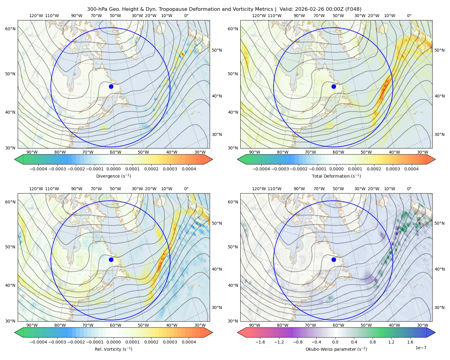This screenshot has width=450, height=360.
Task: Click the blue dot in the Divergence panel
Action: tap(111, 86)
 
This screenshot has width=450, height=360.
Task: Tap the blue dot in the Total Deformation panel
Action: tap(334, 86)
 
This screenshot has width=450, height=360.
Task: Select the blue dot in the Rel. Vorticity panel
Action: tap(111, 259)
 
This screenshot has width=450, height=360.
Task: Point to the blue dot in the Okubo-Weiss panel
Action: tap(334, 259)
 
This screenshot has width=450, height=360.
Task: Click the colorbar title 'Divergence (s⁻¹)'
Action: tap(113, 176)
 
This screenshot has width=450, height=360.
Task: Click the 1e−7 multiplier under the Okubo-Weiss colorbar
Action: tap(421, 348)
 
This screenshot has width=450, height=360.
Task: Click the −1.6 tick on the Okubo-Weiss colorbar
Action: tap(260, 342)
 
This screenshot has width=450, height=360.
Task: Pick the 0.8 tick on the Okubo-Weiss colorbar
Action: tap(373, 342)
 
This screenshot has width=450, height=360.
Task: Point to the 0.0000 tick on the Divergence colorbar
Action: tap(113, 169)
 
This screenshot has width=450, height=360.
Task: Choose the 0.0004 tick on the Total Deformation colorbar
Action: tap(411, 169)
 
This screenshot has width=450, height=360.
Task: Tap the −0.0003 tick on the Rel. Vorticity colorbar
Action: tap(57, 342)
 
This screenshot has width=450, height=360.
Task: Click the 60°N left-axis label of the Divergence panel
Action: tap(10, 29)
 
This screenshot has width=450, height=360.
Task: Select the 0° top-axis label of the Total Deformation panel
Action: tap(409, 16)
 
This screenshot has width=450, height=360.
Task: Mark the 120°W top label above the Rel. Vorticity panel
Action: tap(36, 189)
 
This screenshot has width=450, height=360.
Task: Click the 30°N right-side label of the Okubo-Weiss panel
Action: tap(439, 307)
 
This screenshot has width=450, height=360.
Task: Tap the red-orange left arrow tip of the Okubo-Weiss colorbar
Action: tap(238, 332)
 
